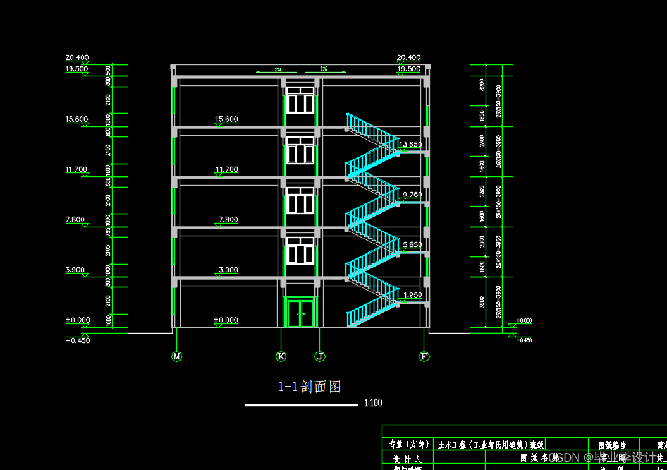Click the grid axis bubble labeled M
click(x=177, y=357)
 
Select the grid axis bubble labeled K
click(x=281, y=357)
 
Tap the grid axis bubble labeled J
click(x=320, y=357)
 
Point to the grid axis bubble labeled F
click(x=424, y=357)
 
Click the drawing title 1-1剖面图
click(x=310, y=387)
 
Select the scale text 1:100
click(x=373, y=403)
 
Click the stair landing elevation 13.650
click(x=412, y=144)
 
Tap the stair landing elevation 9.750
click(x=412, y=195)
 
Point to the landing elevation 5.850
click(x=412, y=244)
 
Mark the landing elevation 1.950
click(x=412, y=295)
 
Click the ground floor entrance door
click(x=301, y=313)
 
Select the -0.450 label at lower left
click(x=78, y=340)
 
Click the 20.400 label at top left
click(x=77, y=57)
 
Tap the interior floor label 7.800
click(x=228, y=220)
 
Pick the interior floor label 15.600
click(x=226, y=119)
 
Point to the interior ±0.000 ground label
click(x=226, y=320)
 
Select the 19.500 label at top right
click(x=408, y=69)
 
